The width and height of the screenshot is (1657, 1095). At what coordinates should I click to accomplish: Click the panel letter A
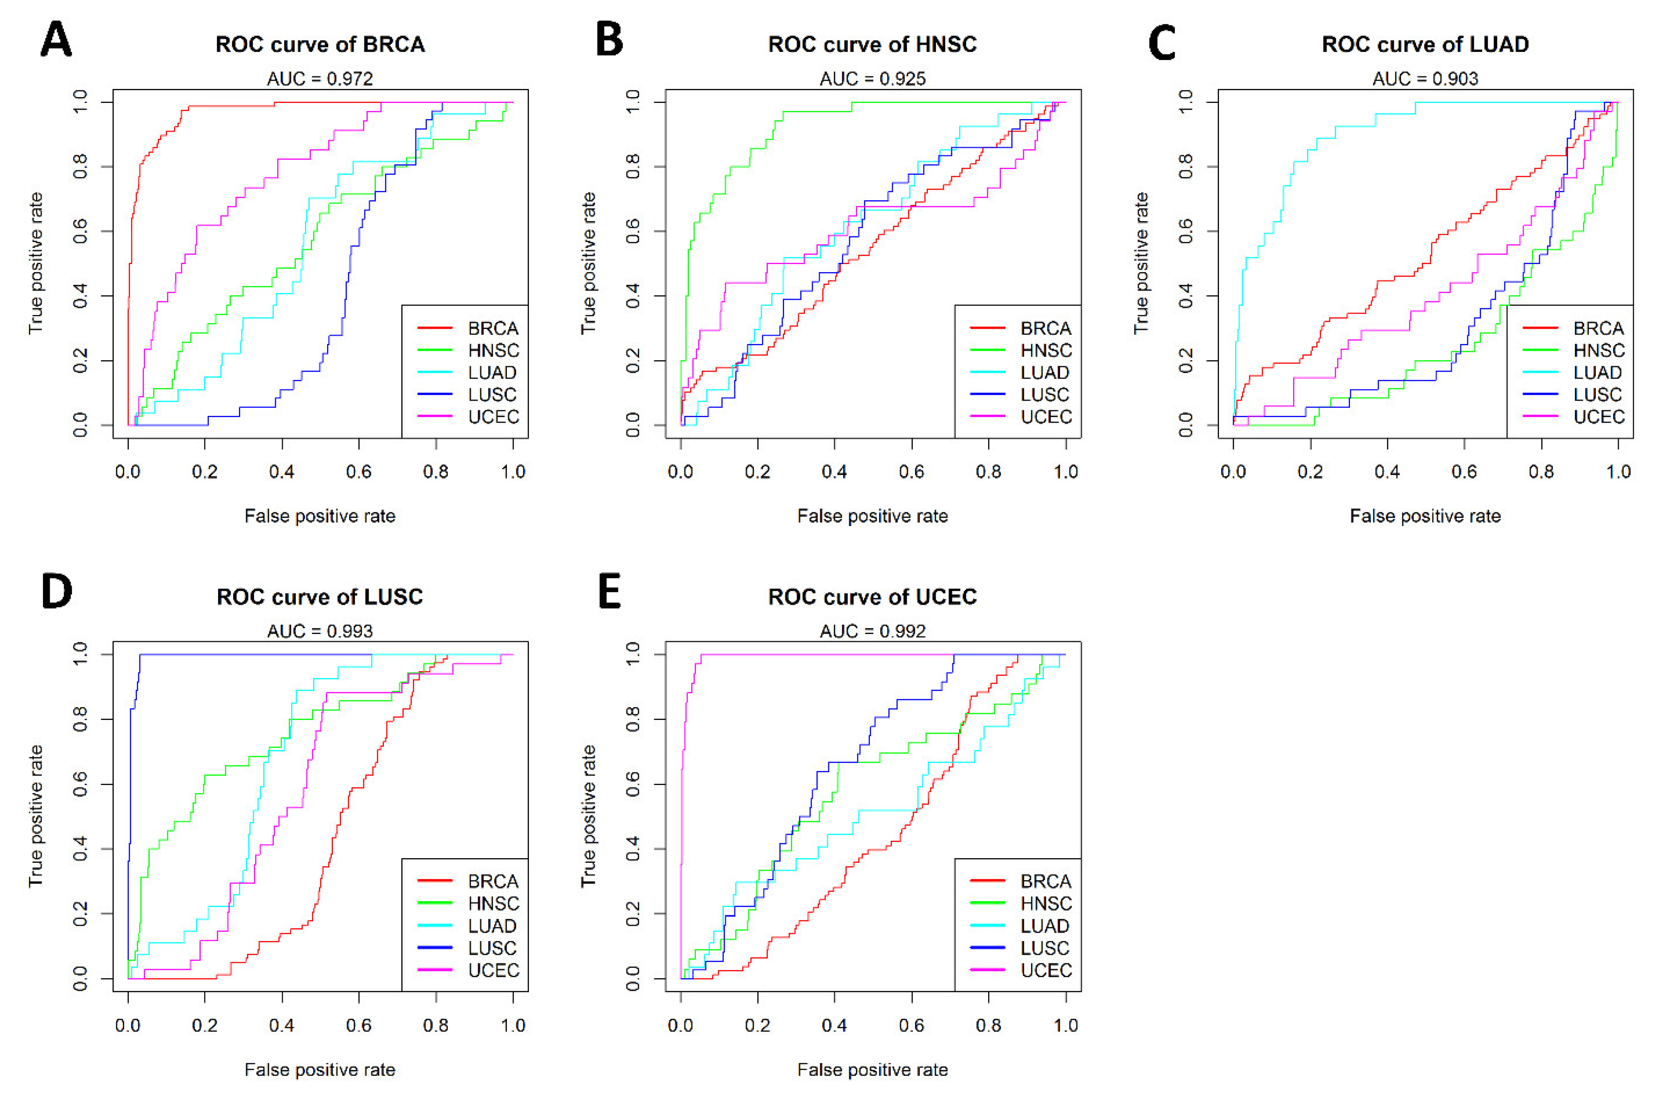pos(56,40)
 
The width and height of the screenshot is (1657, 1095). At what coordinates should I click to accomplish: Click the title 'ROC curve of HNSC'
pos(872,45)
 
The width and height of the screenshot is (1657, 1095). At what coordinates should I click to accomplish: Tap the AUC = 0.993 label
pos(320,631)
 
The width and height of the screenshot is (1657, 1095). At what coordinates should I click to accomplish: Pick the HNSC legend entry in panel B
pos(1045,350)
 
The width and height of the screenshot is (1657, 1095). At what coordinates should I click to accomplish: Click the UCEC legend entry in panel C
pos(1598,417)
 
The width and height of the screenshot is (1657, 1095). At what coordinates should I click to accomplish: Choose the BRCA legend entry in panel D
pos(492,881)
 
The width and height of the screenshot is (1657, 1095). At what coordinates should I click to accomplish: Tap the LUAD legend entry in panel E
pos(1045,926)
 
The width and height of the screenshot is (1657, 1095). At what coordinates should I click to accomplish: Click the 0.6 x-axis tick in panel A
pos(359,472)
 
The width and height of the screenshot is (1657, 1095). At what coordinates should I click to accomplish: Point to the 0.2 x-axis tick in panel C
pos(1310,472)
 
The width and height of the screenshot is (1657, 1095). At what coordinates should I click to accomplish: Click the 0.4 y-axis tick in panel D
pos(80,849)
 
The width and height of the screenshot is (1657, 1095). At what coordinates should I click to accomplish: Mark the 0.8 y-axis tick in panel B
pos(633,167)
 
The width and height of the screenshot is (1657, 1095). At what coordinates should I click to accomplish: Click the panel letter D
pos(56,592)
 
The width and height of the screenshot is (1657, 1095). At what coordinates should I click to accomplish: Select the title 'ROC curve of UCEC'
pos(872,597)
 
